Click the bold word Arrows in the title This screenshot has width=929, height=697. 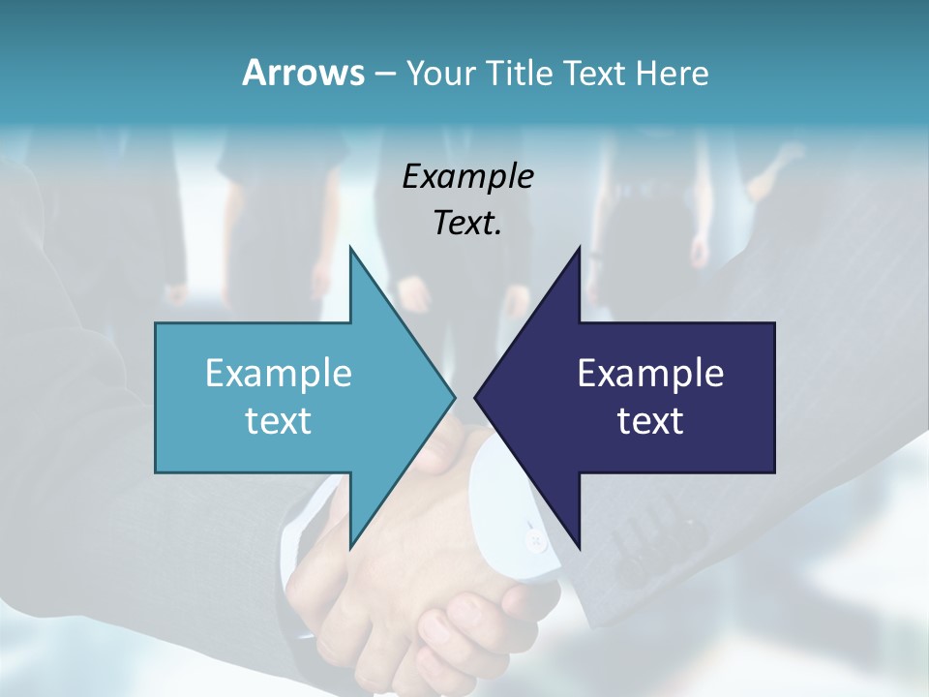(x=302, y=73)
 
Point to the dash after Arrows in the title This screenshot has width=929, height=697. (x=383, y=75)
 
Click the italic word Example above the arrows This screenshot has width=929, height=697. (x=467, y=176)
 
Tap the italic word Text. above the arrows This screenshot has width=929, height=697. (x=467, y=223)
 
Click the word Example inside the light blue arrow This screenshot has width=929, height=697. (x=279, y=373)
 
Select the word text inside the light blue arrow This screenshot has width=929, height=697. (x=279, y=420)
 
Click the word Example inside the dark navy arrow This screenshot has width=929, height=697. (x=650, y=373)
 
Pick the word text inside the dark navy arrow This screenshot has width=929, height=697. (x=650, y=420)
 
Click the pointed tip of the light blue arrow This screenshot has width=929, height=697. (x=454, y=397)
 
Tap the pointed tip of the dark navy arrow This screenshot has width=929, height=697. (x=476, y=397)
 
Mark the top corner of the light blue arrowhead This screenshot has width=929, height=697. (x=350, y=248)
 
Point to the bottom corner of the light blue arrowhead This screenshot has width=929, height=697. (x=350, y=547)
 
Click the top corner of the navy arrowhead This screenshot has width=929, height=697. (x=579, y=248)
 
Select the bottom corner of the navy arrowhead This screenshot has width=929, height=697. (x=579, y=547)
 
